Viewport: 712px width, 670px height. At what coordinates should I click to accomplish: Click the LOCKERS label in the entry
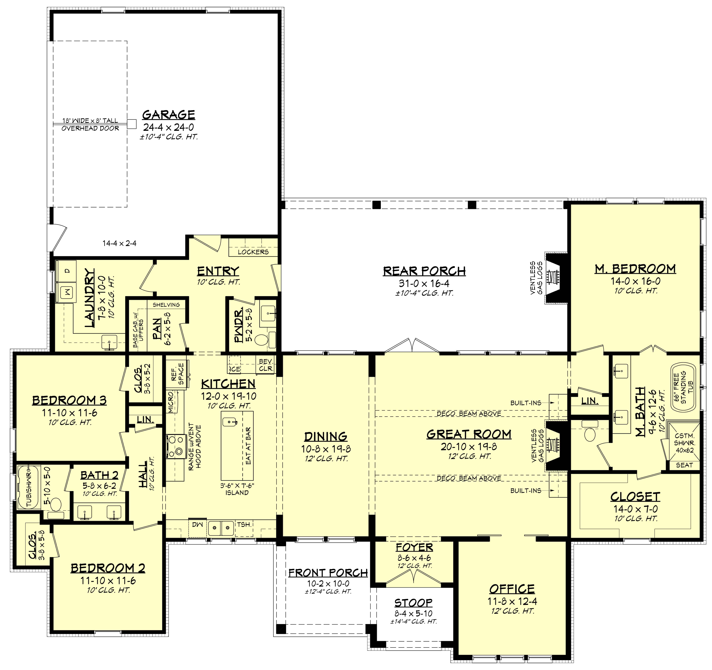pos(253,252)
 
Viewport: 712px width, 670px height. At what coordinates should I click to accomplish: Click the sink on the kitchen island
pos(230,422)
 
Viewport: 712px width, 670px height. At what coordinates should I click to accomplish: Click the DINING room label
pos(326,436)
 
